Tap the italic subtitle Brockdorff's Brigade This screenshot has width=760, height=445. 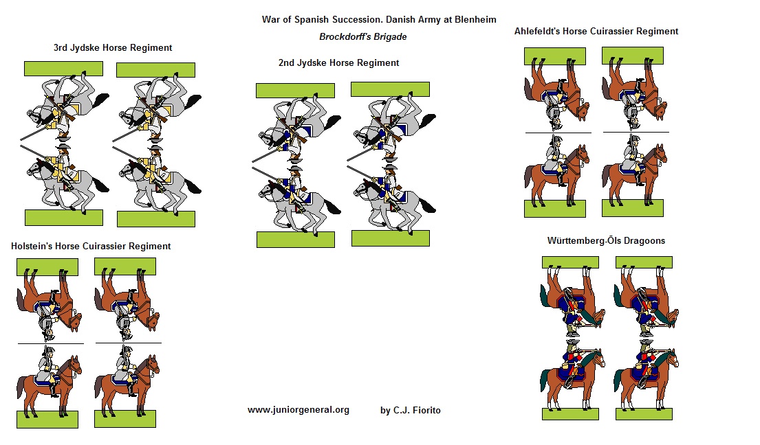click(x=362, y=36)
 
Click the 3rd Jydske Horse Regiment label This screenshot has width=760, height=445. click(x=113, y=48)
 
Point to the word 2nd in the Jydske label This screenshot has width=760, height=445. click(x=287, y=62)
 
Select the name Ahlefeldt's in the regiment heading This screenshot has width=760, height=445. click(x=539, y=31)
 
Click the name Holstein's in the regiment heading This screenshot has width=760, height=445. click(x=32, y=246)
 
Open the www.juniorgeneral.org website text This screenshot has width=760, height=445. click(x=298, y=410)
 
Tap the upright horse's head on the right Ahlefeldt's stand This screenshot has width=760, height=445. click(x=661, y=156)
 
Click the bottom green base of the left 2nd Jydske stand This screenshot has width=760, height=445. click(x=295, y=239)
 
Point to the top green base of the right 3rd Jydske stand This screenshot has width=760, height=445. click(x=155, y=69)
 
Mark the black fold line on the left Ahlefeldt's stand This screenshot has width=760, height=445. click(x=558, y=133)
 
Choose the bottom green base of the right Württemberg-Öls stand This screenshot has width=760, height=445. click(x=644, y=413)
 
